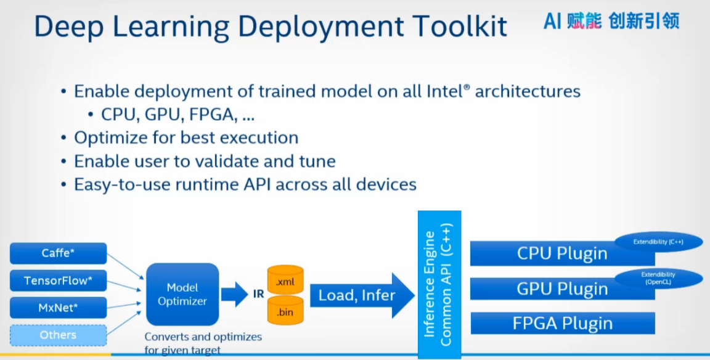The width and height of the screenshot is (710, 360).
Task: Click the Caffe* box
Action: pos(58,253)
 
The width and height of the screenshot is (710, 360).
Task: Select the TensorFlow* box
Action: pos(58,280)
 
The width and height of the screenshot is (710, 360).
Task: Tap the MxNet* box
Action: pos(58,308)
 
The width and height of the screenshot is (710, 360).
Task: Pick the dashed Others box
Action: pos(58,335)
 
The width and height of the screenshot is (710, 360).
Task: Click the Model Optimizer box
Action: pos(182,295)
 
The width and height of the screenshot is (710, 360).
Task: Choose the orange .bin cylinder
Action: pos(285,311)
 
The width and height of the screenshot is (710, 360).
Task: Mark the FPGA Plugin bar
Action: pos(562,324)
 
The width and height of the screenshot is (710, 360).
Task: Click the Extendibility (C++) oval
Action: pos(658,242)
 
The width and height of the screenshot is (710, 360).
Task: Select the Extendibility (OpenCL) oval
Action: pos(658,279)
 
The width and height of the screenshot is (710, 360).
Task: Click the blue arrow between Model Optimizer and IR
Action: pos(234,294)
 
